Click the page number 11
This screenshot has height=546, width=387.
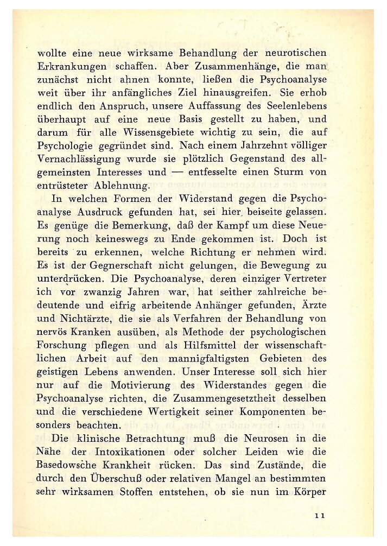point(319,516)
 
